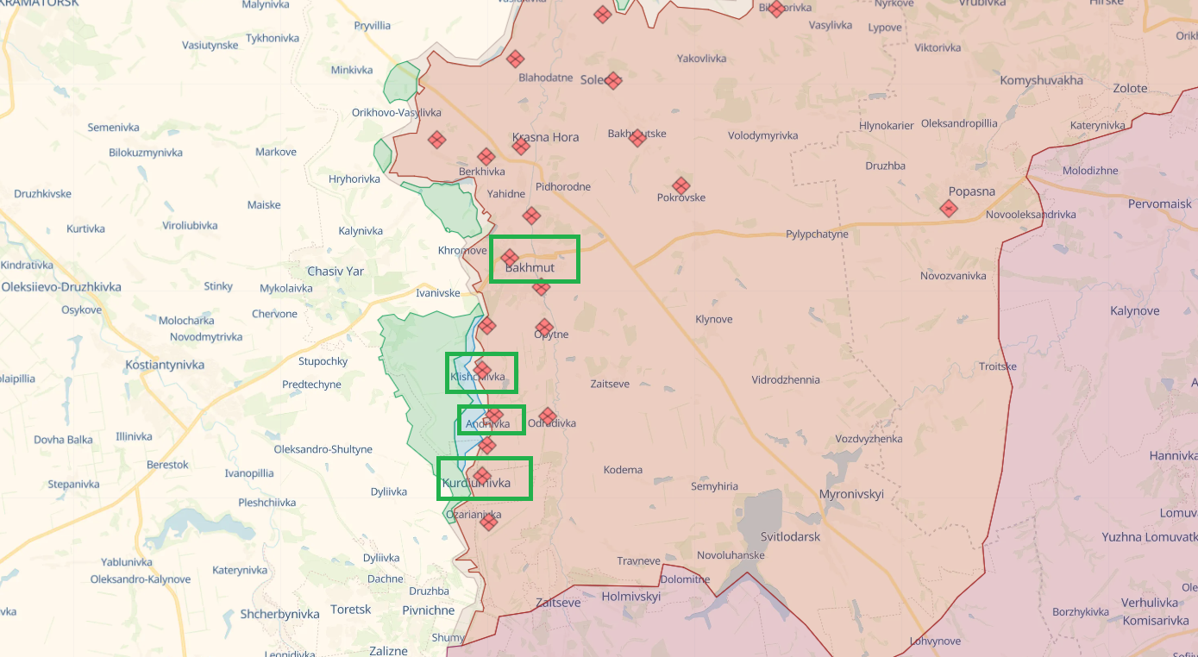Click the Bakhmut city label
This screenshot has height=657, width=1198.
tap(530, 268)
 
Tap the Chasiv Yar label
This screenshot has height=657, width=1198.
tap(336, 271)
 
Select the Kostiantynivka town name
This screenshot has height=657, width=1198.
tap(165, 365)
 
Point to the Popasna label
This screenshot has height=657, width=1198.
tap(971, 191)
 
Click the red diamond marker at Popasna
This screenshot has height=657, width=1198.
tap(949, 208)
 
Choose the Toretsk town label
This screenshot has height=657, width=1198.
tap(350, 610)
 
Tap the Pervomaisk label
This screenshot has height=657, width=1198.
tap(1159, 204)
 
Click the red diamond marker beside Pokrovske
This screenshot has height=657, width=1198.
tap(681, 185)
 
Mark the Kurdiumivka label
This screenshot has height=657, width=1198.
tap(476, 484)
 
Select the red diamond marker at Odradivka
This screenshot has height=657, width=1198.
tap(547, 416)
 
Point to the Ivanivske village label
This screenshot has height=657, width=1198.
tap(438, 293)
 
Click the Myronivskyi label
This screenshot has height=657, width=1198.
tap(851, 494)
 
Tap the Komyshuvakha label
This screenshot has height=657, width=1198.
tap(1041, 81)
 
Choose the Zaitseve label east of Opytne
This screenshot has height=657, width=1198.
tap(609, 384)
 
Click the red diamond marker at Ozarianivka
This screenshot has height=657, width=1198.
tap(489, 521)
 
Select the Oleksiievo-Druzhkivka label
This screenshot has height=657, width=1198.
tap(61, 286)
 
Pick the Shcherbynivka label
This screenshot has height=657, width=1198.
tap(268, 614)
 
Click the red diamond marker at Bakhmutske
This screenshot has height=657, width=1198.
tap(637, 138)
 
